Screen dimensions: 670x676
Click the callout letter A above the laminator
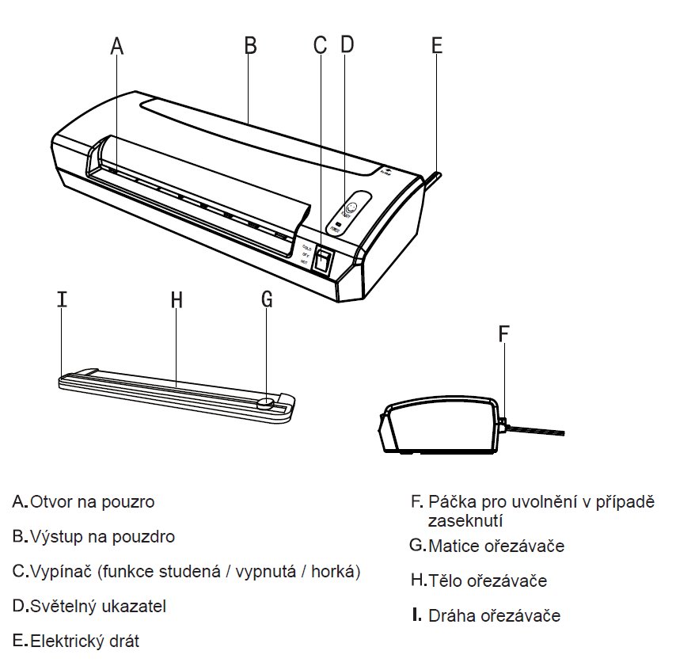coord(117,46)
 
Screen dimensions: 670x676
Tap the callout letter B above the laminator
coord(250,46)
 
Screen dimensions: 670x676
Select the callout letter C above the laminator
coord(320,44)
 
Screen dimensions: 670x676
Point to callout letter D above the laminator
coord(347,44)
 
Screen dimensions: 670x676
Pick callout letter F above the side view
coord(503,333)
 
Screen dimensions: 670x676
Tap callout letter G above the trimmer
coord(267,299)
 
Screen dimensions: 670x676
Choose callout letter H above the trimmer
coord(177,299)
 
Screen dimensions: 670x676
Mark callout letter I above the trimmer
coord(63,299)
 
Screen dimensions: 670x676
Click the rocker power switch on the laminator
coord(321,260)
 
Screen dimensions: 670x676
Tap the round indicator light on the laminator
coord(351,209)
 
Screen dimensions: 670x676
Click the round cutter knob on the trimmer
coord(267,403)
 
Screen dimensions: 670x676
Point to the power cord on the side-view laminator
coord(538,430)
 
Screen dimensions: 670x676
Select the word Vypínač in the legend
coord(60,571)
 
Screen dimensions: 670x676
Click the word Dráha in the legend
coord(452,615)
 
